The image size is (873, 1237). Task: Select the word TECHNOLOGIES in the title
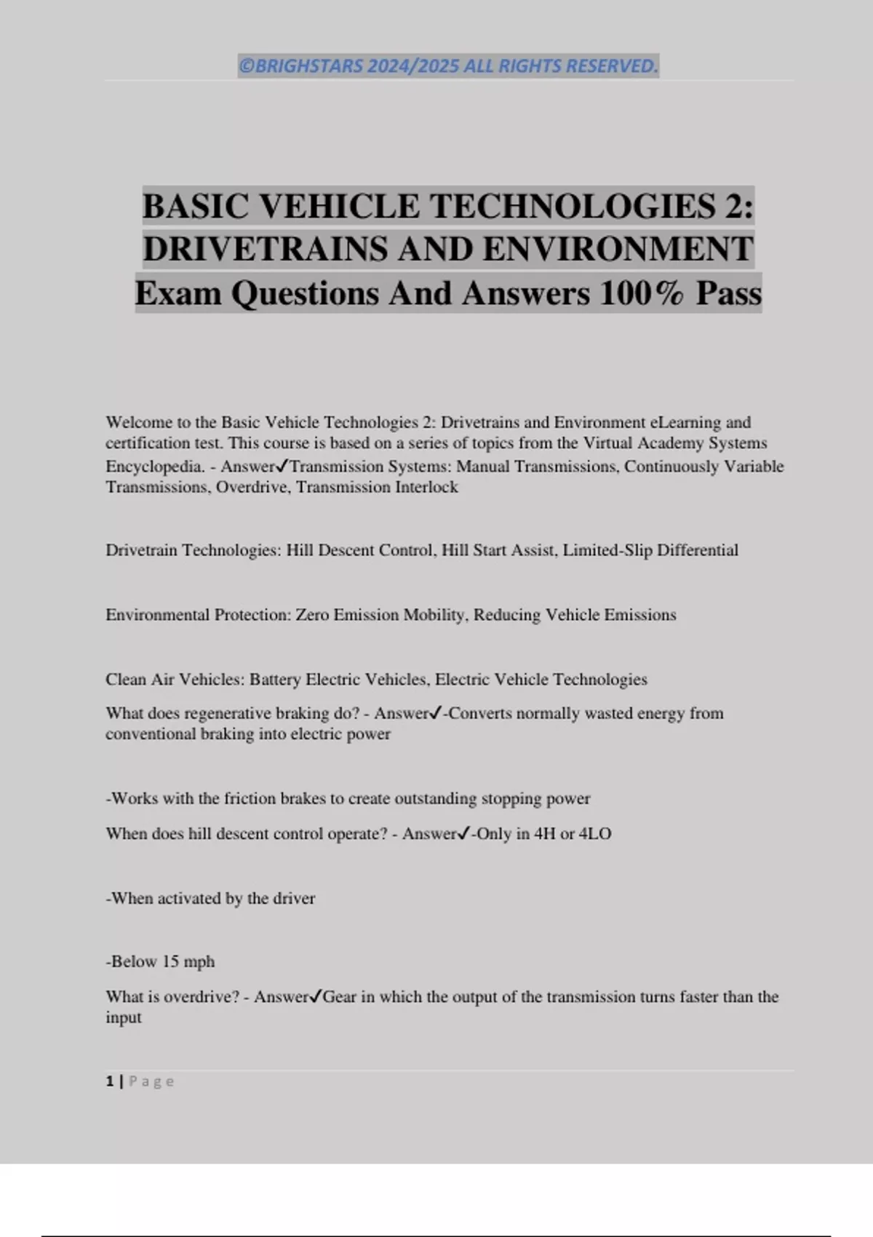tap(574, 206)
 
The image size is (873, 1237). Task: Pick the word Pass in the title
tap(728, 293)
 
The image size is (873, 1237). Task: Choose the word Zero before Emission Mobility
tap(312, 615)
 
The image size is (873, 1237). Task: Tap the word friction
tap(250, 799)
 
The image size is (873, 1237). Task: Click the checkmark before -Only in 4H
tap(463, 834)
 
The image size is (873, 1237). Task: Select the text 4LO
tap(595, 834)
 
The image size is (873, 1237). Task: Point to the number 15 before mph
tap(170, 962)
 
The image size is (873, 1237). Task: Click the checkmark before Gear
tap(314, 997)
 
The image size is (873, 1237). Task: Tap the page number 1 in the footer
tap(110, 1082)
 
